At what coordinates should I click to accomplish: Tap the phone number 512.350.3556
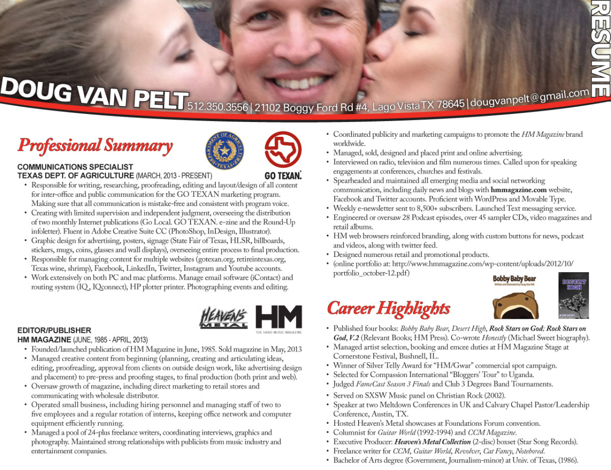coord(218,107)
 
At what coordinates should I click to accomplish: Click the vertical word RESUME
coord(601,48)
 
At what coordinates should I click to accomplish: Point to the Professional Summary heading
coord(95,145)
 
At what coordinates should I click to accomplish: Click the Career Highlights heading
coord(388,308)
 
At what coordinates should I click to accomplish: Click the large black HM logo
coord(279,317)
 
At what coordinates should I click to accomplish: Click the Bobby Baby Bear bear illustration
coord(514,304)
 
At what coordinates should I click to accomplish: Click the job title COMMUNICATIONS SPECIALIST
coord(75,167)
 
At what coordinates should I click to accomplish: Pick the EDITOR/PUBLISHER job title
coord(54,331)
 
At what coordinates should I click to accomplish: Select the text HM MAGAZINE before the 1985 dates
coord(44,340)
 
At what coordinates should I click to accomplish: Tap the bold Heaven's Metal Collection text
coord(432,442)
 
